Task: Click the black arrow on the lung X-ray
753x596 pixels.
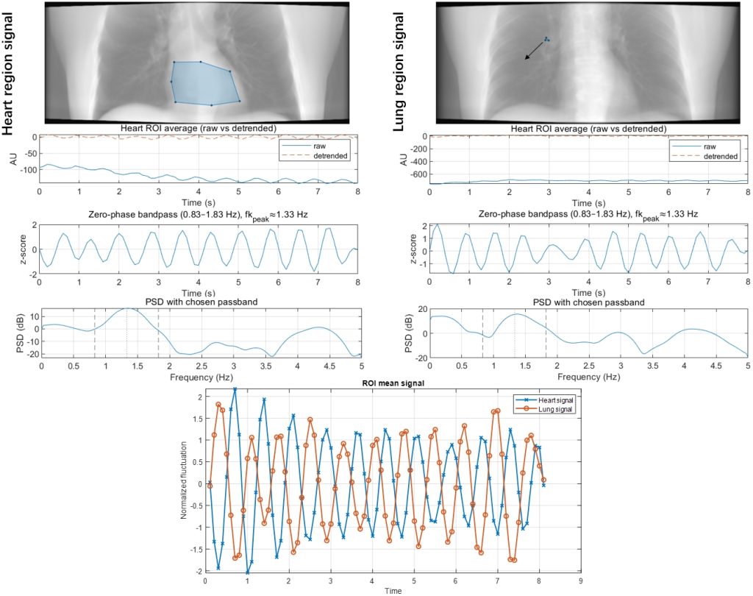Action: (x=535, y=49)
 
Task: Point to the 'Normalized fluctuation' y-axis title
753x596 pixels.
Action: (x=184, y=480)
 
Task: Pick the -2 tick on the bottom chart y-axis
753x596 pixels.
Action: (x=198, y=571)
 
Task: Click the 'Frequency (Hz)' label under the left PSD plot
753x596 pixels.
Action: (x=201, y=376)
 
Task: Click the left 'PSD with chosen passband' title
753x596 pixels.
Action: (x=201, y=302)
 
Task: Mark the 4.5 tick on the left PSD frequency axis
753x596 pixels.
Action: (x=329, y=366)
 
